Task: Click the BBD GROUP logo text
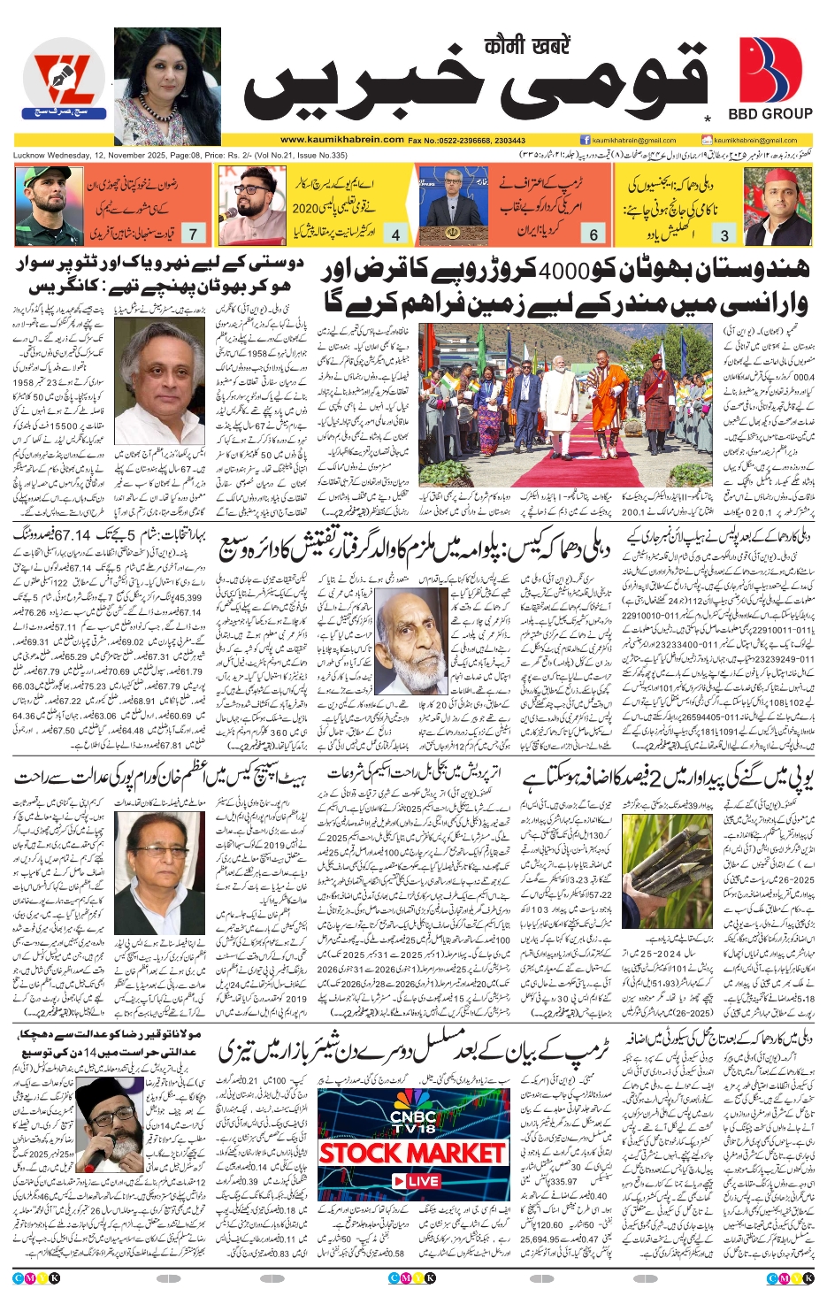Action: pos(770,113)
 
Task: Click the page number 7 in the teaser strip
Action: pos(193,234)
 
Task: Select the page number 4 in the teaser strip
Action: pos(395,234)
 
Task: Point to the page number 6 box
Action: pos(593,234)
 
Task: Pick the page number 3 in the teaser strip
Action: pos(725,234)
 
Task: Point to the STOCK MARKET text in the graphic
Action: pos(411,1154)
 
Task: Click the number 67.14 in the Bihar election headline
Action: pos(73,536)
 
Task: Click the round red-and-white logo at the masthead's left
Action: pos(62,80)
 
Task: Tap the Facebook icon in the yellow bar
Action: pos(586,140)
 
